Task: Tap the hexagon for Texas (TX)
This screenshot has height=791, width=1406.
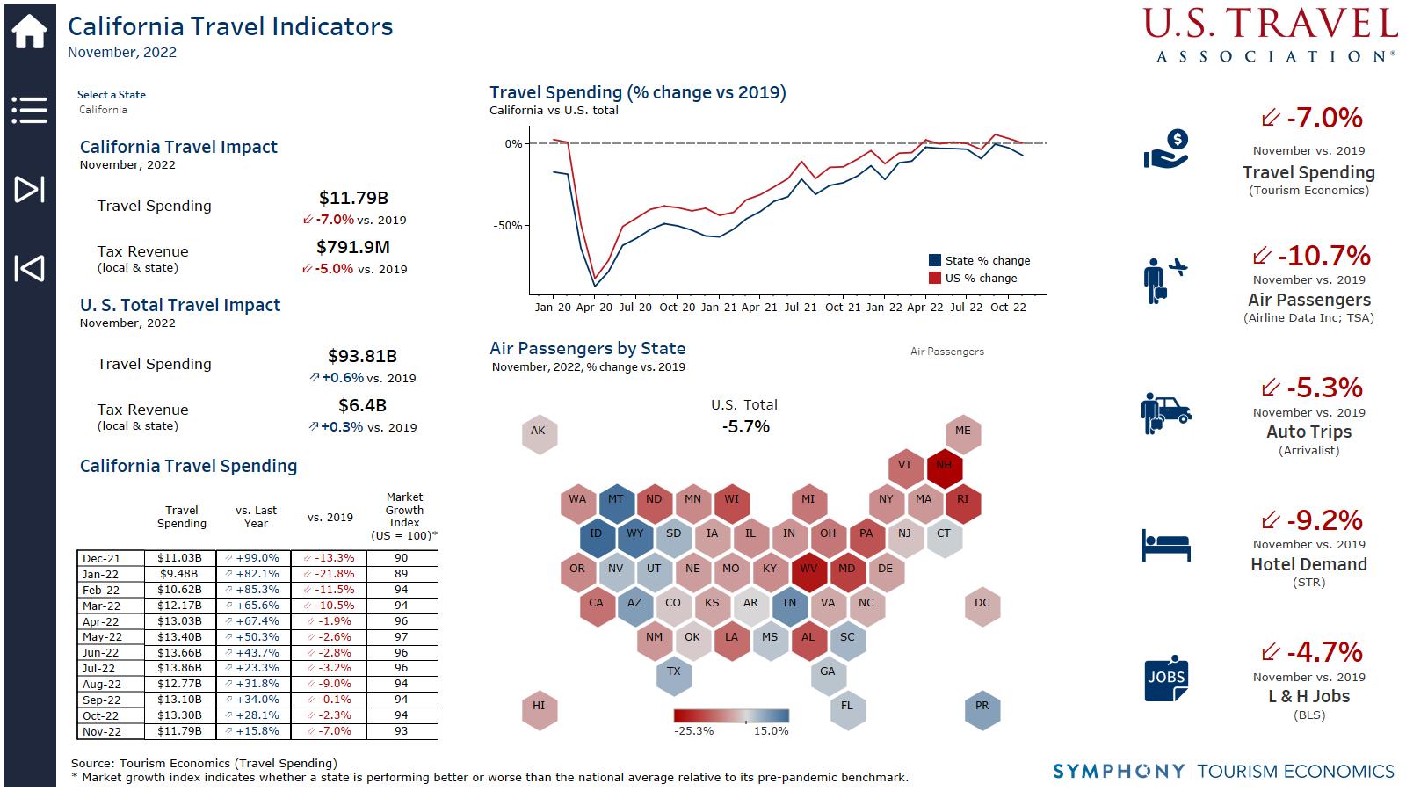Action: pos(674,671)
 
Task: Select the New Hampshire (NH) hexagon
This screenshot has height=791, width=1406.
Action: pos(944,466)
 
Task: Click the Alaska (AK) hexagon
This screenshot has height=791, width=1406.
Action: pos(539,431)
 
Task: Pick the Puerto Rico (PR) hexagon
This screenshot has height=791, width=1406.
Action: pos(982,706)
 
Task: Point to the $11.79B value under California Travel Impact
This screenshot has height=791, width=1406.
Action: pos(353,199)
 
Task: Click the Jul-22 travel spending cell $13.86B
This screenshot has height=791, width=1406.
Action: pos(179,668)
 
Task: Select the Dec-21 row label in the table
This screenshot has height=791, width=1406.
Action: pos(101,558)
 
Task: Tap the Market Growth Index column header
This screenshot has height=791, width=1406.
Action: pos(404,516)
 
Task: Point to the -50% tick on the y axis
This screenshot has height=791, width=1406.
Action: pos(507,226)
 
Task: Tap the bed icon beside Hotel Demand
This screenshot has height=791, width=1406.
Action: pos(1166,545)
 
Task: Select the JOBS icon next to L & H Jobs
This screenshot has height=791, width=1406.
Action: pos(1166,679)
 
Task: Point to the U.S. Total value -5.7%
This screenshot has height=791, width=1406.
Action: pos(745,427)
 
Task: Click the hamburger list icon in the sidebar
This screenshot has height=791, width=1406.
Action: pos(29,110)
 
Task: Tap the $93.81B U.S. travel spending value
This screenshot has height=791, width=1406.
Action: pos(362,357)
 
